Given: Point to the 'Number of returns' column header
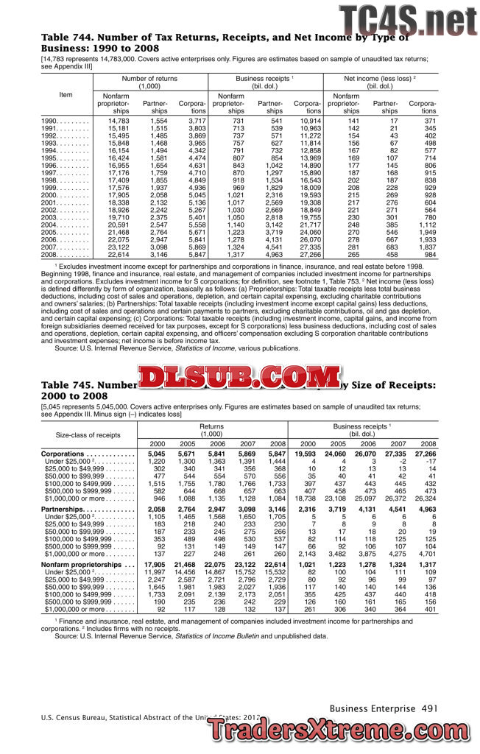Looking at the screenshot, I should (149, 82).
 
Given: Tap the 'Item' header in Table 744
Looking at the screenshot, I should (66, 94).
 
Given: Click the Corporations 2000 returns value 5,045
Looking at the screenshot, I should (157, 454).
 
